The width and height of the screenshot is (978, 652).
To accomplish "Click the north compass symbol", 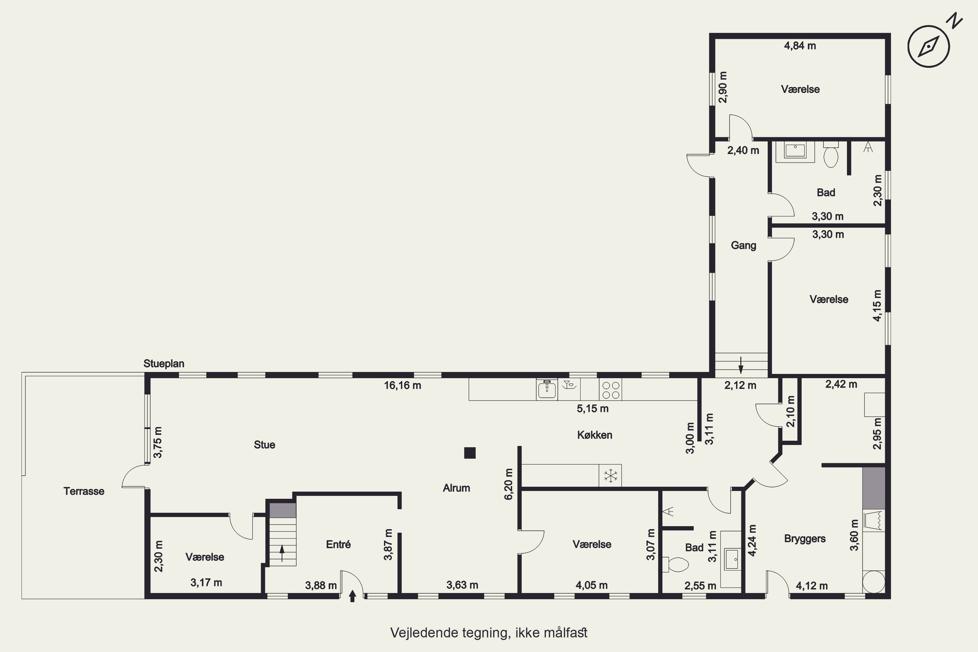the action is click(931, 46).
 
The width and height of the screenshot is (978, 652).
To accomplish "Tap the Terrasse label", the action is click(84, 491).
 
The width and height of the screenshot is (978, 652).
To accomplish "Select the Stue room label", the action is click(264, 445).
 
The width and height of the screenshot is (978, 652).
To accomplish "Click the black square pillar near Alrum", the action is click(469, 453).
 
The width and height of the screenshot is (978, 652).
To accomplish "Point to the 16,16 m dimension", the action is click(403, 385).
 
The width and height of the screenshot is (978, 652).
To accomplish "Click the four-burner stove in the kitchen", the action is click(610, 390).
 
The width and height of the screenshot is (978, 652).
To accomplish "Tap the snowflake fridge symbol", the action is click(610, 476).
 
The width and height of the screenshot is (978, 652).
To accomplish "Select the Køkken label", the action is click(595, 435).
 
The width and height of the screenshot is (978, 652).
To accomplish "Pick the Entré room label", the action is click(338, 544).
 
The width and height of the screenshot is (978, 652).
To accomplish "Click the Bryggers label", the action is click(805, 539).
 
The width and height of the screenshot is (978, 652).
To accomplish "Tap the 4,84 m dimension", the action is click(800, 46).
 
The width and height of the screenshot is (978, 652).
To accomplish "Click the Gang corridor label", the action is click(744, 245).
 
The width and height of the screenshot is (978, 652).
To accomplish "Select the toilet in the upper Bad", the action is click(831, 154).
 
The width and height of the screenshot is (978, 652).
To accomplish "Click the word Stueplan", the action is click(164, 363).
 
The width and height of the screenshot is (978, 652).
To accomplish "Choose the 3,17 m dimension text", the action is click(206, 583).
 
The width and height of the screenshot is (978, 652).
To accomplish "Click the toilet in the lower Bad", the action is click(674, 565).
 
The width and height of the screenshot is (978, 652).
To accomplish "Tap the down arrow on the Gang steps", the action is click(741, 365).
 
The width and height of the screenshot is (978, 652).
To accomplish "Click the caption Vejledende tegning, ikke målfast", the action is click(489, 633).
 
